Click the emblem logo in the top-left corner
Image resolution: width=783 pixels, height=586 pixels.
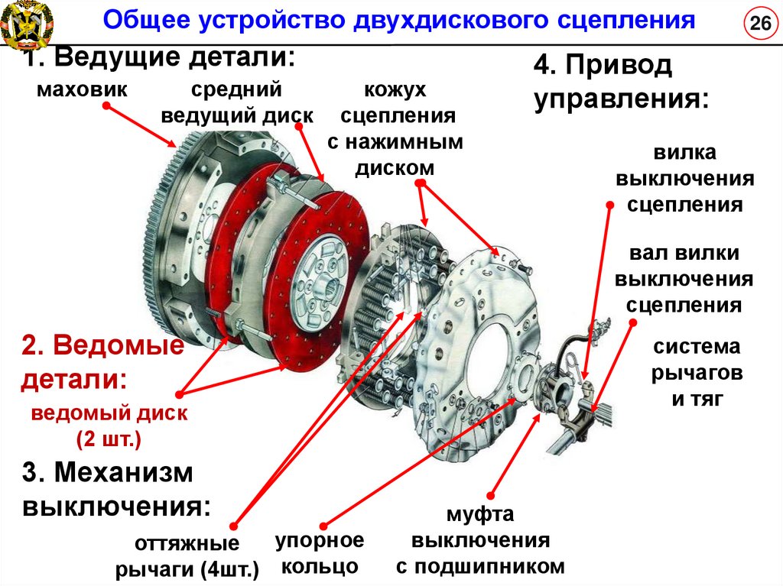(26, 24)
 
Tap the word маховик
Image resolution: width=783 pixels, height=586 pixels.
(81, 91)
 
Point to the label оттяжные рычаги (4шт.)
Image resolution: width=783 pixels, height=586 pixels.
(187, 556)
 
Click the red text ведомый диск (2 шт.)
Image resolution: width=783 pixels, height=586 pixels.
(109, 427)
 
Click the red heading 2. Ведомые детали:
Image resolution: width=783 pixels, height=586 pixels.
(102, 362)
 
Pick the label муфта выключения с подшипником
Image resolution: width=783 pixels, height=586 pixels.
(479, 541)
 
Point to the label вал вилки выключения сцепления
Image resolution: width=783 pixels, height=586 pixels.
(684, 280)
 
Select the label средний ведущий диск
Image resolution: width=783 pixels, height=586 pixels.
(236, 102)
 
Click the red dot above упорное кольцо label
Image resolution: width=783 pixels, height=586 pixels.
(324, 525)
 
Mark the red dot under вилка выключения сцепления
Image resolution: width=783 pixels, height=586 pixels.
(609, 205)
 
